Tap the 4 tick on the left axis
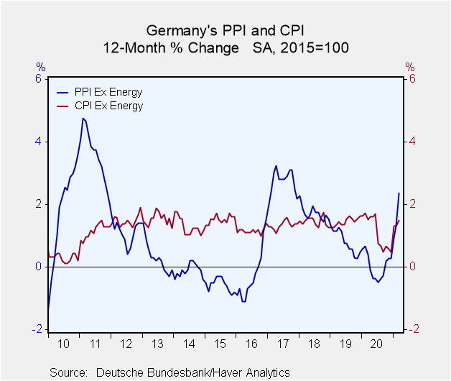pos(37,142)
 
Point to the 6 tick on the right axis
pos(412,79)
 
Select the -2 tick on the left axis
pos(36,329)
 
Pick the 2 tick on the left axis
pos(37,204)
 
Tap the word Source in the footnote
pos(68,372)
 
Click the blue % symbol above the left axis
pos(40,67)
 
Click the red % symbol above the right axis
pos(409,67)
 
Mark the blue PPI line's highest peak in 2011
pos(83,118)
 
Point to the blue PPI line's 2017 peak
pos(276,166)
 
